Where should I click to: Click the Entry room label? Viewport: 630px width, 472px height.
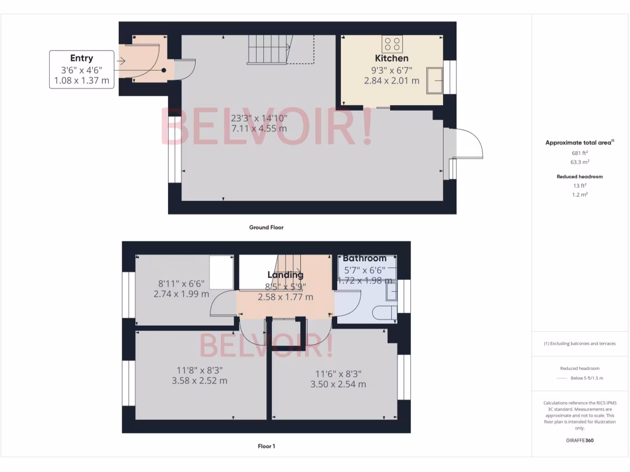tap(81, 58)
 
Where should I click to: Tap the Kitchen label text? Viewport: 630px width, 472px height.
tap(392, 58)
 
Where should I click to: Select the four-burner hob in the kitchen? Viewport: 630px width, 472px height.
tap(392, 44)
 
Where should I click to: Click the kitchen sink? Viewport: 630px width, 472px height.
tap(436, 81)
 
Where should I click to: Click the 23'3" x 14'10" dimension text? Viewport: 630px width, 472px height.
tap(258, 118)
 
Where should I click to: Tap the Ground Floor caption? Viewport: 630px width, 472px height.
tap(266, 227)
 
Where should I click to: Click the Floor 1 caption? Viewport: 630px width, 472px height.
tap(266, 446)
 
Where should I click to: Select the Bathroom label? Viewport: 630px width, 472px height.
tap(365, 258)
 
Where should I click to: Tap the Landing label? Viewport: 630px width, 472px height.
tap(285, 275)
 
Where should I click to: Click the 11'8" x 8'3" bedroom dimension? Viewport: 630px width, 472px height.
tap(199, 370)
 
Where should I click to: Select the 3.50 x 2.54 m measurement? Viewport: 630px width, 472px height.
tap(338, 384)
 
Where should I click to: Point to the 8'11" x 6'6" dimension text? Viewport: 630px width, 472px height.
tap(181, 284)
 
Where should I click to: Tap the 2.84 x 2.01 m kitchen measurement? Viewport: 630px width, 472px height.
tap(391, 81)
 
